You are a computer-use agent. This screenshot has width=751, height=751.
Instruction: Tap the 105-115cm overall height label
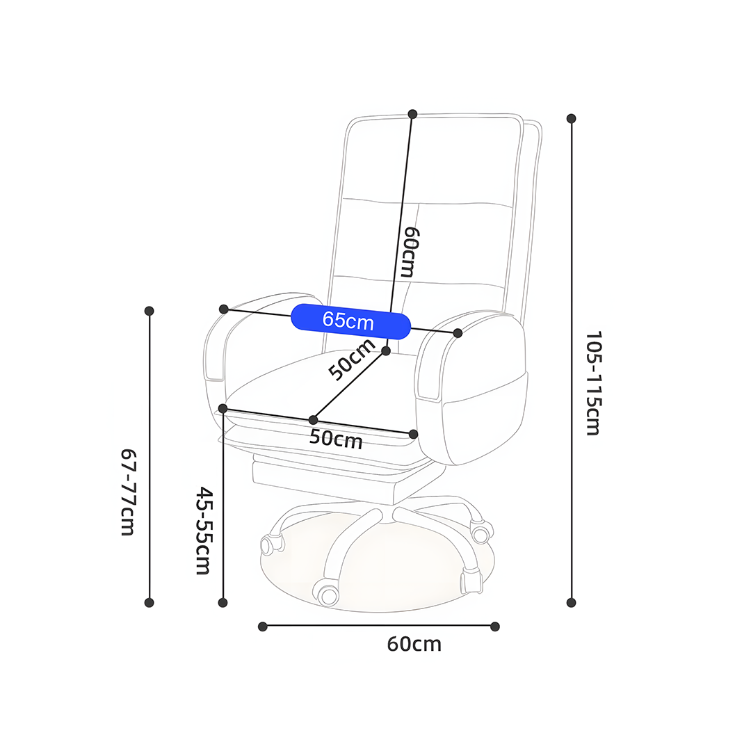pyautogui.click(x=593, y=383)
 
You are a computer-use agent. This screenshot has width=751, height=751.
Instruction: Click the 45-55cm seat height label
pyautogui.click(x=204, y=531)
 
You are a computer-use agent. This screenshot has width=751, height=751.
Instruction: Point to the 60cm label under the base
pyautogui.click(x=414, y=644)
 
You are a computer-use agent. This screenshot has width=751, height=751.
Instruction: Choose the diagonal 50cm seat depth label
pyautogui.click(x=352, y=360)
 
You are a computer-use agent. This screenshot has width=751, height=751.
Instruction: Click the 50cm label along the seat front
pyautogui.click(x=336, y=439)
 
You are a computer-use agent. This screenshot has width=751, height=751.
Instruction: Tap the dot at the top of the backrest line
pyautogui.click(x=412, y=114)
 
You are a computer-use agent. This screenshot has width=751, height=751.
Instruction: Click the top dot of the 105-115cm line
pyautogui.click(x=571, y=118)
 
